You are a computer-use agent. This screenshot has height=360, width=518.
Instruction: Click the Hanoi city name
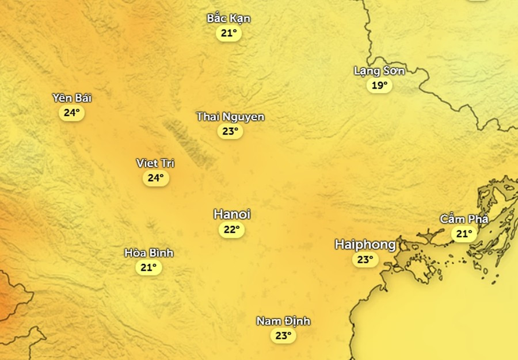tap(232, 215)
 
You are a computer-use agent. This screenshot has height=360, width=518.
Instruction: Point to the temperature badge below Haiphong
tap(365, 260)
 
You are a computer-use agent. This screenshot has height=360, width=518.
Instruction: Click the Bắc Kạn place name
tap(228, 18)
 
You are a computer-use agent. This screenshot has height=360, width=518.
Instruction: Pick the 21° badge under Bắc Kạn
tap(228, 33)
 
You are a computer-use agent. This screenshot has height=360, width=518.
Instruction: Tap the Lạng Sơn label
tap(379, 71)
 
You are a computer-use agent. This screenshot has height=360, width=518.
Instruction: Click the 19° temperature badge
tap(379, 86)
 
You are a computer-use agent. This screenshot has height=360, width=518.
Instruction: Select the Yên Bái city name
tap(72, 98)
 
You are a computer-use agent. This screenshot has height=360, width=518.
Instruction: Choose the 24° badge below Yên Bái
tap(71, 113)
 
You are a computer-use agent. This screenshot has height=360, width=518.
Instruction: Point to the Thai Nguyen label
tap(230, 117)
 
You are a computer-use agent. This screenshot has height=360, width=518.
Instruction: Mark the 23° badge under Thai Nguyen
tap(230, 132)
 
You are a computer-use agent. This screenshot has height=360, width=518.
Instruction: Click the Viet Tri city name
tap(155, 163)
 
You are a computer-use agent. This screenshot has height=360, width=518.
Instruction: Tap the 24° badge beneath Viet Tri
tap(155, 178)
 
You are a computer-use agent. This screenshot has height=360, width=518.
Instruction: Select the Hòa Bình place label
tap(148, 253)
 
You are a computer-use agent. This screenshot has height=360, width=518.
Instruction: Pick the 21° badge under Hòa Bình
tap(148, 267)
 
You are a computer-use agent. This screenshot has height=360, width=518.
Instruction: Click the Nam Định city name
tap(283, 321)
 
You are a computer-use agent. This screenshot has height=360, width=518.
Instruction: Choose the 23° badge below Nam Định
tap(283, 336)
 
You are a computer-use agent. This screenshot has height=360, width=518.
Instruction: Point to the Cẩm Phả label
tap(464, 219)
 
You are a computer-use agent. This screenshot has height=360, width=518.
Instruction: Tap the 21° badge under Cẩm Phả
tap(464, 234)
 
